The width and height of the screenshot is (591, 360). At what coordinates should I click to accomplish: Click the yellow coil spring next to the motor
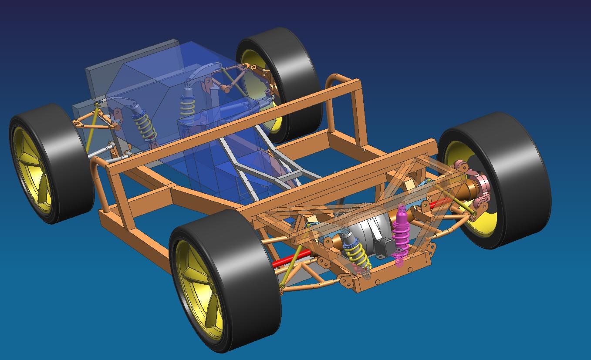coord(359,253)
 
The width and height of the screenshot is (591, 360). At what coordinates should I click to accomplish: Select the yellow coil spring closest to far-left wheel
coord(145,126)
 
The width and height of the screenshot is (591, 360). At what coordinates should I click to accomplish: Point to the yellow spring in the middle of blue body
coord(188,109)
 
